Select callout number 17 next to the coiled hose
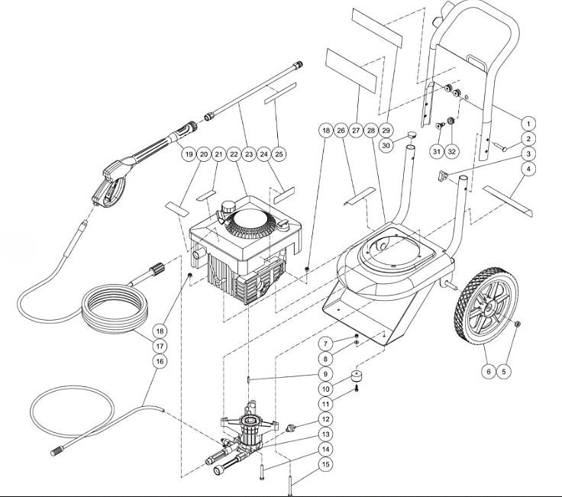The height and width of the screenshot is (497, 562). [160, 345]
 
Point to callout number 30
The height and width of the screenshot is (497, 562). [386, 145]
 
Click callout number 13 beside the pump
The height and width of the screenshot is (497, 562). [325, 434]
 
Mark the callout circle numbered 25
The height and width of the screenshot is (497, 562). [279, 153]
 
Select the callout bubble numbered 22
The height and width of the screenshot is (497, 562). [233, 153]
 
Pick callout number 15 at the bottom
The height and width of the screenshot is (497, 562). [325, 464]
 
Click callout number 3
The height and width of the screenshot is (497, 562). [528, 153]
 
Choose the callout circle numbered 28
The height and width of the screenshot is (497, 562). [371, 131]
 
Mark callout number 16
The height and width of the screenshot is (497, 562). [160, 360]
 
